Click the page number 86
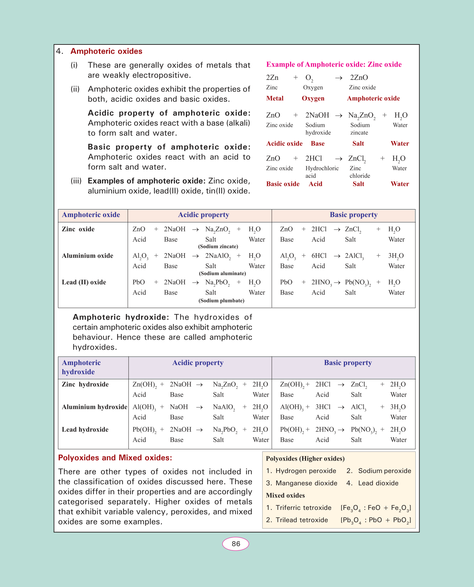236,544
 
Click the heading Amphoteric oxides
106,51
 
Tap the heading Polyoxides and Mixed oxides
115,458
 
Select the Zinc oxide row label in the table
78,229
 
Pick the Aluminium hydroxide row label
94,407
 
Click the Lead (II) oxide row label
84,282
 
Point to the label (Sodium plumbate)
221,301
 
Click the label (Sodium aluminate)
222,274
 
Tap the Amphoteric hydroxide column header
81,367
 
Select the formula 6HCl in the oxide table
319,256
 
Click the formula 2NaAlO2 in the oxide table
218,256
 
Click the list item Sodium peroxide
384,471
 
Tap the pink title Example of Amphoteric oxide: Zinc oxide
334,65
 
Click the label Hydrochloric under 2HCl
322,168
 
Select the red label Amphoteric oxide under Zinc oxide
373,99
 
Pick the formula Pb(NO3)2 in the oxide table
358,283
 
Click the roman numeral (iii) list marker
76,181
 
